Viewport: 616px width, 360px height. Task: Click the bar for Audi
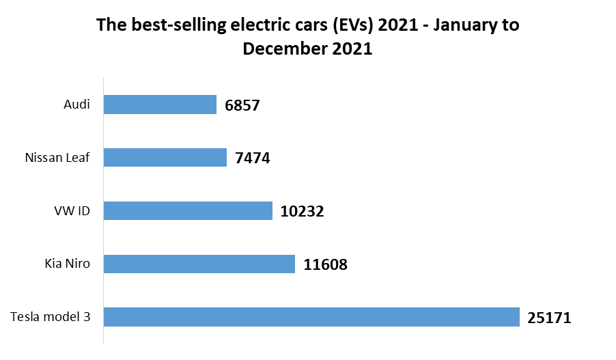click(160, 105)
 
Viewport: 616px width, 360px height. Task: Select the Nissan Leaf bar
click(165, 158)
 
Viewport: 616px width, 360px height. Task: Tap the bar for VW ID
click(188, 210)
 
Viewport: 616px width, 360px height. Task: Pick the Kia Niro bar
click(199, 264)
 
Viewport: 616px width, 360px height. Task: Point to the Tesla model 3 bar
click(311, 317)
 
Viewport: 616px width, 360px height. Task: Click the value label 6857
click(242, 105)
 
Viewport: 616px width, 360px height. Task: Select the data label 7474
click(253, 158)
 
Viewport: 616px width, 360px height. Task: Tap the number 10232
click(302, 211)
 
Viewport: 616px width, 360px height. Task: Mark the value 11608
click(325, 264)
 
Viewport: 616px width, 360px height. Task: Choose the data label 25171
click(549, 318)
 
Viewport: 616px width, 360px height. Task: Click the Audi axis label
click(76, 105)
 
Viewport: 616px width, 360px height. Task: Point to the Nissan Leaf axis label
click(57, 158)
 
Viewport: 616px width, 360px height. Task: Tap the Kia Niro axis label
click(67, 264)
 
